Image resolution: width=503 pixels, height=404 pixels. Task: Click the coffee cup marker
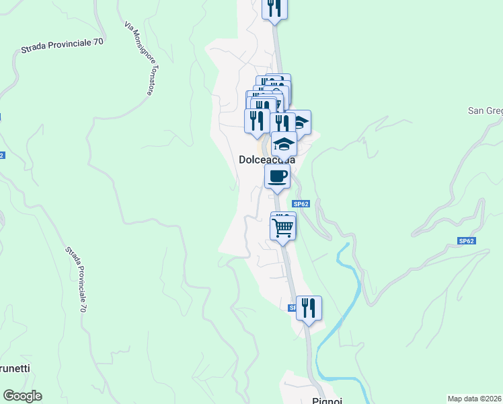tap(277, 177)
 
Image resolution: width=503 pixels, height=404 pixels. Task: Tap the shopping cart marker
tap(283, 226)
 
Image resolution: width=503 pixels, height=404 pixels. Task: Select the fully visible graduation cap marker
tap(284, 143)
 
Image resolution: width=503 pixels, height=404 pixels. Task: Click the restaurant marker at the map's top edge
tap(274, 7)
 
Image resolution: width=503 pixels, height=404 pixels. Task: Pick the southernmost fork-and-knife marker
tap(309, 308)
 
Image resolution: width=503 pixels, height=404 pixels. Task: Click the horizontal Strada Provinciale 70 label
tap(62, 46)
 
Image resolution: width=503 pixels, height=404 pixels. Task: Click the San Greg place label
tap(485, 110)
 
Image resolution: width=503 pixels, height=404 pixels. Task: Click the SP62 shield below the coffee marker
tap(301, 203)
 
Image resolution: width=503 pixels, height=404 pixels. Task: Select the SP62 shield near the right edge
tap(467, 240)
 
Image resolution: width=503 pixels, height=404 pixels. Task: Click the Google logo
tap(22, 396)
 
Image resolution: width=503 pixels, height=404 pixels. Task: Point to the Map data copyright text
tap(475, 398)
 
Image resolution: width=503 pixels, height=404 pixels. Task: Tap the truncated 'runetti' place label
tap(15, 369)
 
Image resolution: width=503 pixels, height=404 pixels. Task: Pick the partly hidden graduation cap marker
tap(301, 122)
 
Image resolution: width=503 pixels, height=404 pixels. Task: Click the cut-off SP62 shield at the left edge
tap(2, 155)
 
